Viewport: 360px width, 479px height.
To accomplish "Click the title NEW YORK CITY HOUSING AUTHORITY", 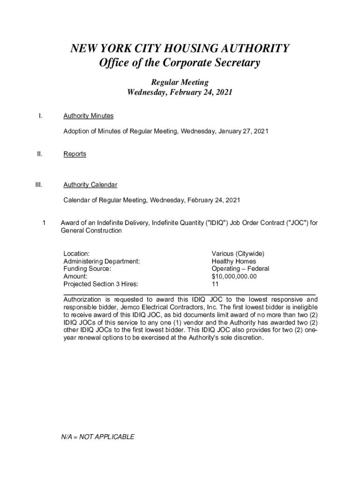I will pyautogui.click(x=180, y=49).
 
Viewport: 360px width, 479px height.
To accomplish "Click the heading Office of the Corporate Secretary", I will pyautogui.click(x=180, y=63).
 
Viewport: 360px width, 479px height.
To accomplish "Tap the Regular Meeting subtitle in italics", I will pyautogui.click(x=180, y=82).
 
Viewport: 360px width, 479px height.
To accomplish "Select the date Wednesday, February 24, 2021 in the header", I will pyautogui.click(x=180, y=93).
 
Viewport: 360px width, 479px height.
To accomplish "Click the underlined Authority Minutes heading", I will pyautogui.click(x=88, y=116).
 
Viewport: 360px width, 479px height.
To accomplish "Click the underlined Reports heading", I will pyautogui.click(x=75, y=154).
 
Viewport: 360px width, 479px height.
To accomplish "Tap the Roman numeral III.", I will pyautogui.click(x=39, y=185).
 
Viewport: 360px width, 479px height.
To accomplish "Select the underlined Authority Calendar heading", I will pyautogui.click(x=90, y=185).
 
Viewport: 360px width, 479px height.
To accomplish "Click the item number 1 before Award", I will pyautogui.click(x=43, y=223).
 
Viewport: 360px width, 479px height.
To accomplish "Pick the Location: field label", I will pyautogui.click(x=77, y=254).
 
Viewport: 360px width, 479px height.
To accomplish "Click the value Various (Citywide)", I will pyautogui.click(x=238, y=254).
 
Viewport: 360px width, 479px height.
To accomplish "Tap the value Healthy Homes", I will pyautogui.click(x=234, y=261).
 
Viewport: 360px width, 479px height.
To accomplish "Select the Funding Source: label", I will pyautogui.click(x=87, y=269).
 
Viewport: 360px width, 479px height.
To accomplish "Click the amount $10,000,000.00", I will pyautogui.click(x=234, y=276).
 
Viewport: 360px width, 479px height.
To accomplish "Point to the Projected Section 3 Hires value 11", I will pyautogui.click(x=215, y=284).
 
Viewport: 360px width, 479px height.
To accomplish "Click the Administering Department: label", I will pyautogui.click(x=101, y=261).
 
